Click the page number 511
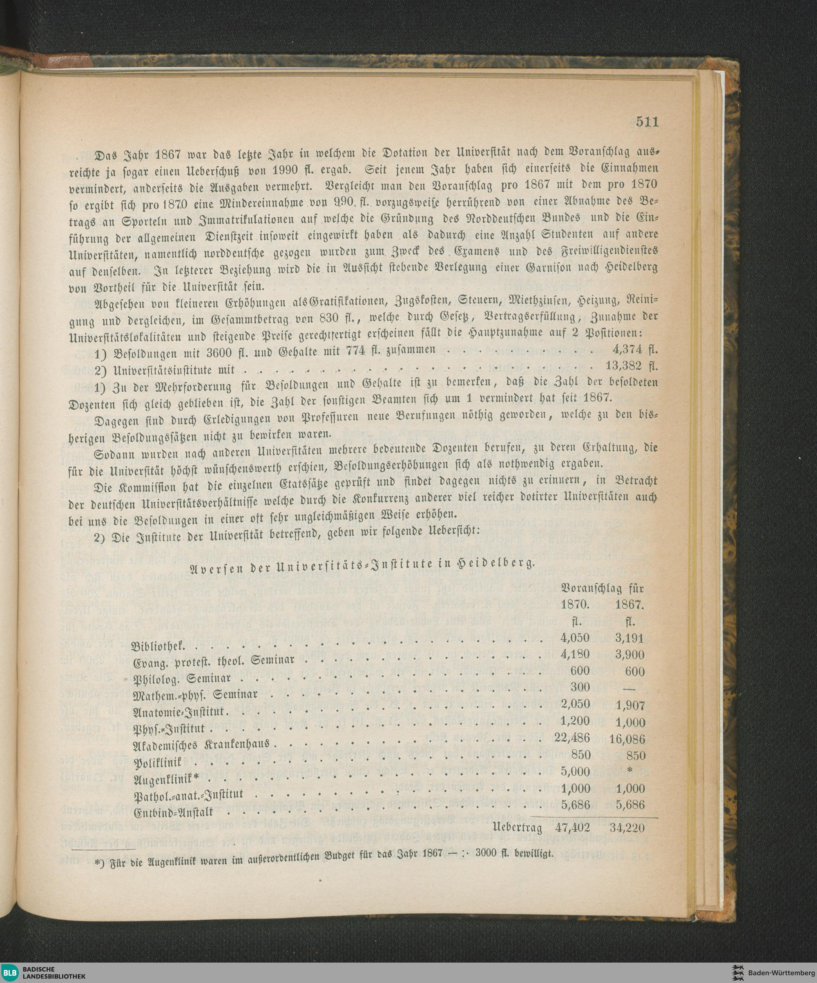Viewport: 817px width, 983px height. [x=647, y=122]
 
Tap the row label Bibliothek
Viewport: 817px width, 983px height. [x=158, y=647]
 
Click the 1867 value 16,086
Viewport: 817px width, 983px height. [x=627, y=740]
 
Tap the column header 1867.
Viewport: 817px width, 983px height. [x=629, y=604]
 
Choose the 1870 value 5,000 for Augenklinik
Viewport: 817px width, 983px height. [x=575, y=771]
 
